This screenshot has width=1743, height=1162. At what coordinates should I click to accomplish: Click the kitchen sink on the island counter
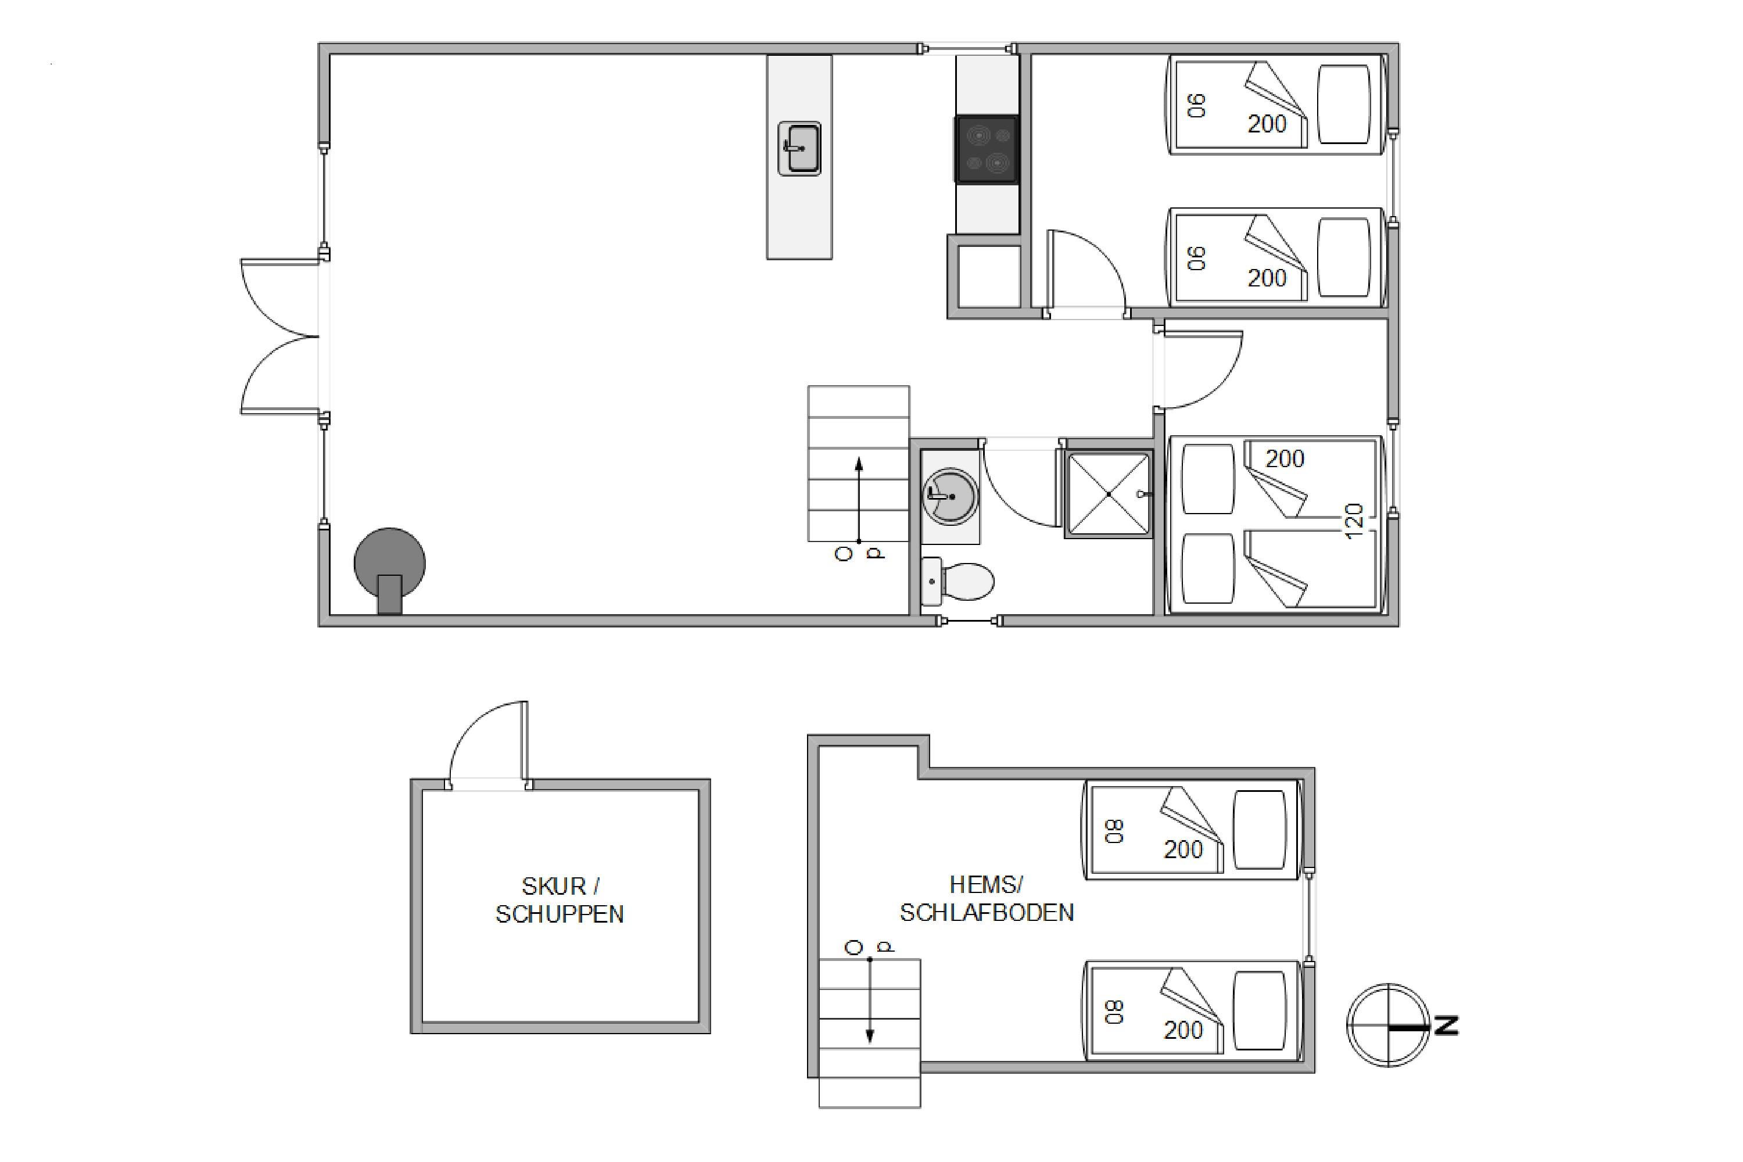(x=799, y=149)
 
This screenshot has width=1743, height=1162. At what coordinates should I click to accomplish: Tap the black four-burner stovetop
(x=987, y=149)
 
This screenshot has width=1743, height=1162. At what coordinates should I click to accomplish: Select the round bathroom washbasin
(x=951, y=496)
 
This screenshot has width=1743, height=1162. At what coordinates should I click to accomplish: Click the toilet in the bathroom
(x=957, y=582)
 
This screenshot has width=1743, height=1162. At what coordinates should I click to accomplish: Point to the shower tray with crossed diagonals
(x=1108, y=493)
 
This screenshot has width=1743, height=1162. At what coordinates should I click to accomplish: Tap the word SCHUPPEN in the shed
(x=560, y=914)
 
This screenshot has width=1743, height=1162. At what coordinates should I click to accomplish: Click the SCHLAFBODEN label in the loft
(x=987, y=912)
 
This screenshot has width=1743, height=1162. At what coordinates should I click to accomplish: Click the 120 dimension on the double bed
(x=1353, y=521)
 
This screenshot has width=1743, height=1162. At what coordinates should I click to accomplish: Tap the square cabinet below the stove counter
(x=989, y=277)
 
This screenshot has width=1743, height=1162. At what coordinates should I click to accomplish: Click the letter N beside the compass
(x=1447, y=1025)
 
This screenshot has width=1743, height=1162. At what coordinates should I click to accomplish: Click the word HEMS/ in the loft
(x=985, y=884)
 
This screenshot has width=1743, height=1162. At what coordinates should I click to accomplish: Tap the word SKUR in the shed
(x=553, y=887)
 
